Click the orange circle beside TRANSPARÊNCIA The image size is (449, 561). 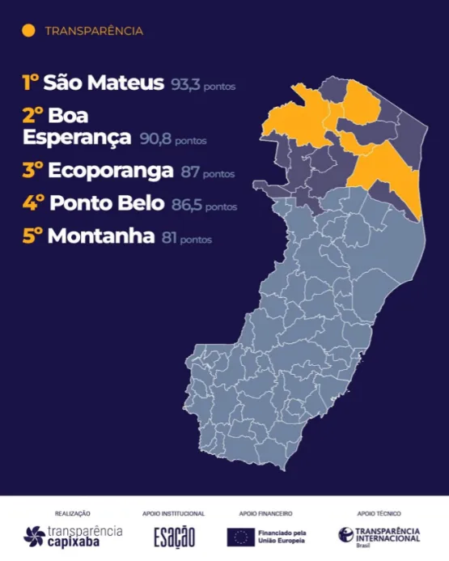pyautogui.click(x=29, y=31)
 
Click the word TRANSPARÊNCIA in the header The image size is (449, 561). pyautogui.click(x=94, y=32)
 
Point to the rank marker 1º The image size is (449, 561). pyautogui.click(x=31, y=83)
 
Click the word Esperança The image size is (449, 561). pyautogui.click(x=77, y=138)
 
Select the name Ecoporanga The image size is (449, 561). pyautogui.click(x=110, y=172)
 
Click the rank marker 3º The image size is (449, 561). pyautogui.click(x=33, y=172)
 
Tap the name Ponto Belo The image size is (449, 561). pyautogui.click(x=108, y=205)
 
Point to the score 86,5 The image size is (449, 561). pyautogui.click(x=185, y=206)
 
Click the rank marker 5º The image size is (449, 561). pyautogui.click(x=33, y=237)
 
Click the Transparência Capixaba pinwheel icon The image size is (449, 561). pyautogui.click(x=35, y=535)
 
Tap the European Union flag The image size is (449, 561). pyautogui.click(x=239, y=535)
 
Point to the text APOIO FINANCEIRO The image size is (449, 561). pyautogui.click(x=265, y=513)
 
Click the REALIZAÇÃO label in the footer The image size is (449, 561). pyautogui.click(x=73, y=513)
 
